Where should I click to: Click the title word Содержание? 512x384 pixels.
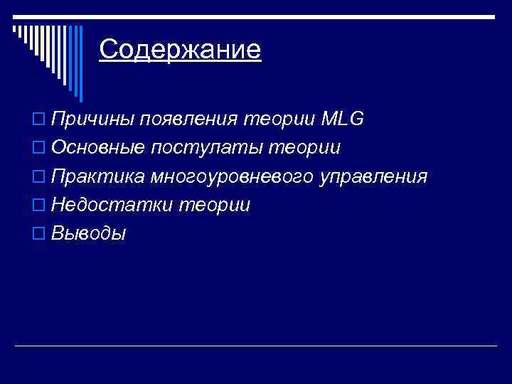180,50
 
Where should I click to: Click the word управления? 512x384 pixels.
373,176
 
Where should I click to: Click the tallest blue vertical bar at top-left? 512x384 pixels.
80,64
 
